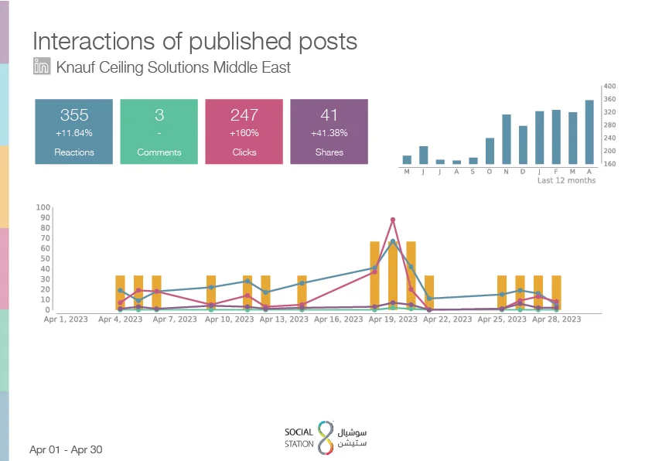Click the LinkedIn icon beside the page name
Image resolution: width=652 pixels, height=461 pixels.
(42, 66)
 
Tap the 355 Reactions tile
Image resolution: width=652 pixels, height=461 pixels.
(74, 131)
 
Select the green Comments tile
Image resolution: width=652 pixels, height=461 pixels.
(159, 131)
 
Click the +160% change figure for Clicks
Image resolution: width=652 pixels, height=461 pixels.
(244, 133)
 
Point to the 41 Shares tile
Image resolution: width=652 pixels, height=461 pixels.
(329, 131)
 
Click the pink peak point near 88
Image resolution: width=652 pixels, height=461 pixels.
(393, 220)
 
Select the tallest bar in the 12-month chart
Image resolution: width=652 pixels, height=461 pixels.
(589, 131)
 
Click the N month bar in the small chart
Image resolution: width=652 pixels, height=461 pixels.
(506, 139)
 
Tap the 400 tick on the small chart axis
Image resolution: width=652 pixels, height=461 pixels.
(609, 86)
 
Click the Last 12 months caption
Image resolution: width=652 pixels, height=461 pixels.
(566, 180)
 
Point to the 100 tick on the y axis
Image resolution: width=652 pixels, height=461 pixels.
(43, 207)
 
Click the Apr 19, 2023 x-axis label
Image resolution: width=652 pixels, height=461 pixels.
(393, 319)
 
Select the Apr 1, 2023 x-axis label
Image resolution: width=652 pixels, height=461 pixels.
(66, 319)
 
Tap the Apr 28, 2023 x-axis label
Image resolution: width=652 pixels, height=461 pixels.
(556, 319)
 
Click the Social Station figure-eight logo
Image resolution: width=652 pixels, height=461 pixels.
(326, 437)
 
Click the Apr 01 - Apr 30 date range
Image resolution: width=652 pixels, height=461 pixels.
(66, 449)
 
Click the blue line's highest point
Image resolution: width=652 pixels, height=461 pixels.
(393, 241)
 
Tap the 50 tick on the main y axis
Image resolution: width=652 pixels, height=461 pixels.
(45, 258)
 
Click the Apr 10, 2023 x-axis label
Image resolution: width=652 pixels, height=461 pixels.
(229, 319)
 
